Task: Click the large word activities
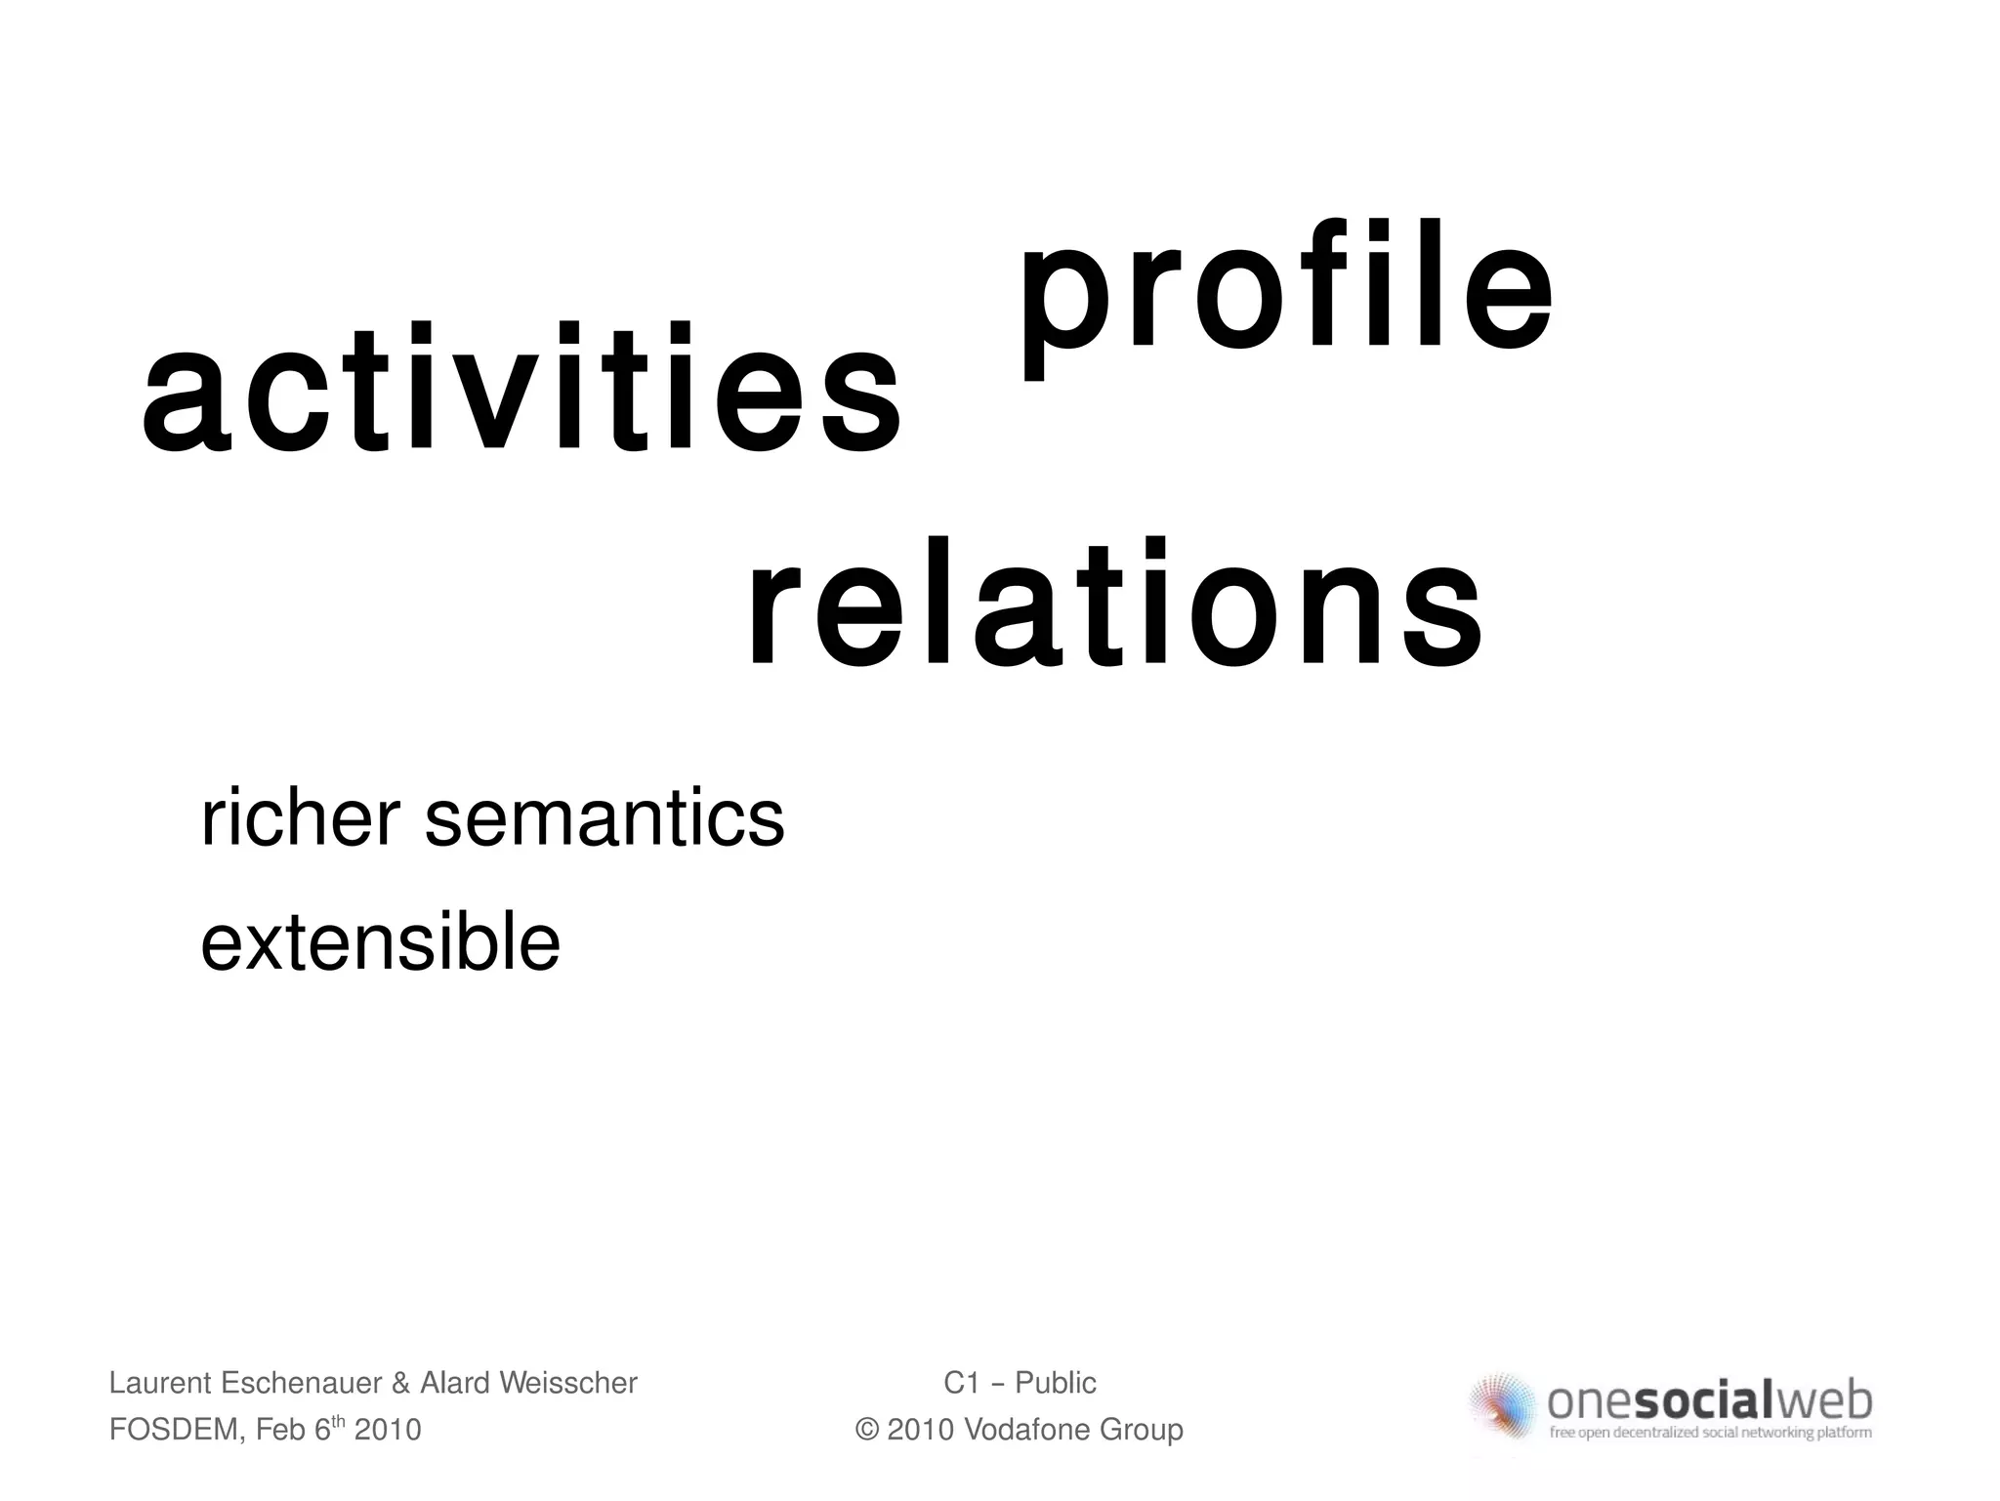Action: click(x=521, y=391)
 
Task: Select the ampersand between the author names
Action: click(x=400, y=1383)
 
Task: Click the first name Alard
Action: click(x=455, y=1383)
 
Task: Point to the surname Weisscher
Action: click(x=568, y=1383)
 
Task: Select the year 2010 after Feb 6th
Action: click(x=388, y=1430)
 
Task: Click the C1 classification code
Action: click(x=961, y=1383)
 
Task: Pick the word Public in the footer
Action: click(x=1056, y=1383)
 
